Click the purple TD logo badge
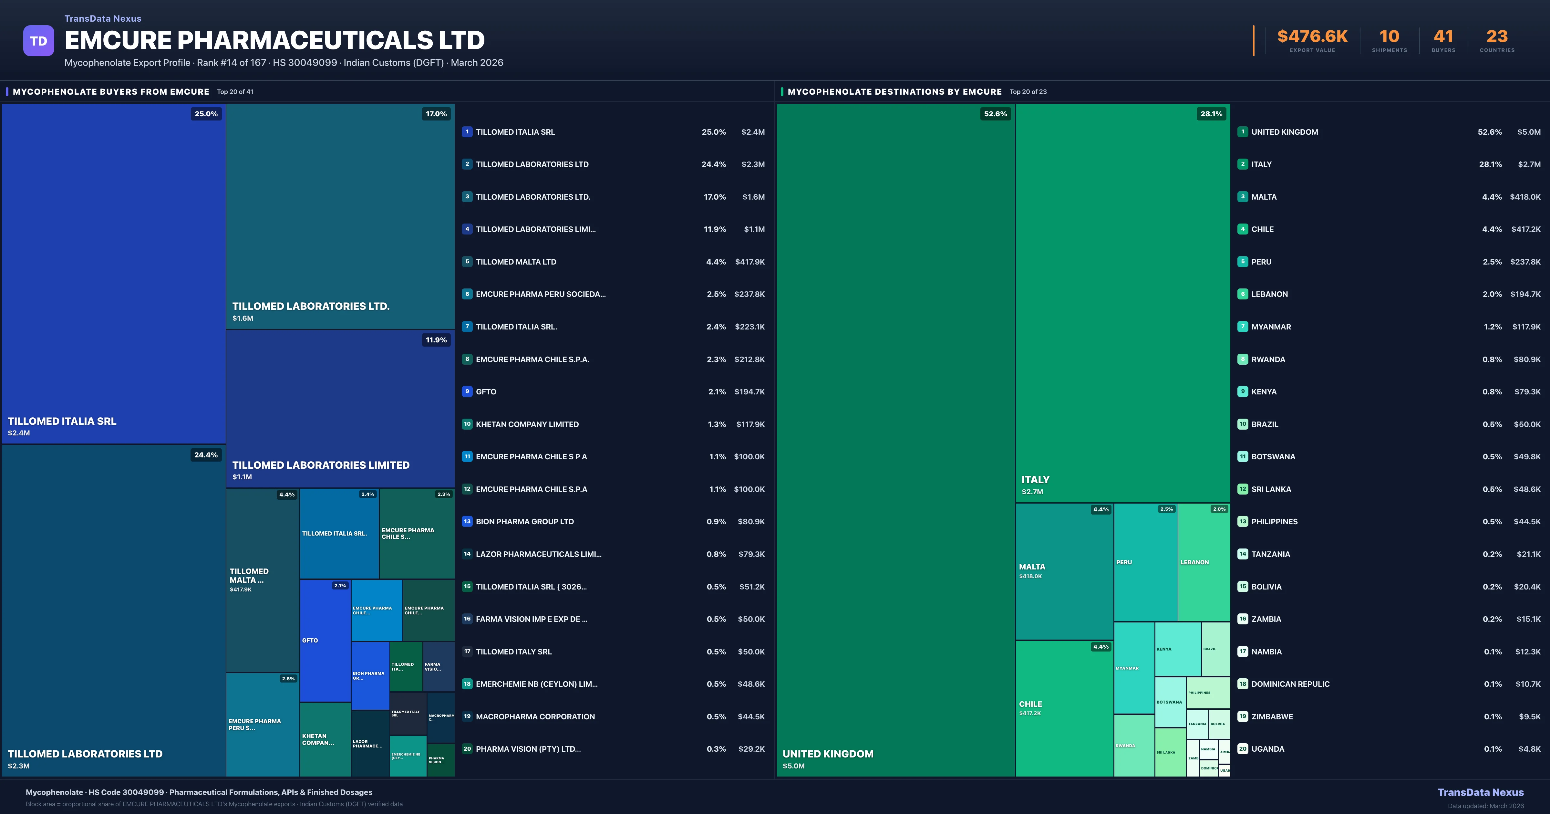coord(38,41)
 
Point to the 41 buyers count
coord(1443,37)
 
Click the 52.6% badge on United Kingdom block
coord(995,114)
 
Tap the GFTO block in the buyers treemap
coord(325,641)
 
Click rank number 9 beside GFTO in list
coord(467,392)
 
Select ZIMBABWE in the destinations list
coord(1272,716)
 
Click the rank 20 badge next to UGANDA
coord(1243,749)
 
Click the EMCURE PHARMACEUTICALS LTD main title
coord(274,40)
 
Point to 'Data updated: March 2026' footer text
coord(1485,806)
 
